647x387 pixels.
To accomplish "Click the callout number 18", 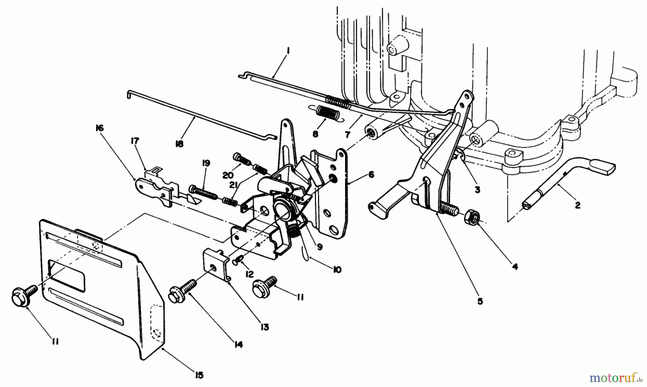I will click(179, 143).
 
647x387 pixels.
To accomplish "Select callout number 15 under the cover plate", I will click(199, 375).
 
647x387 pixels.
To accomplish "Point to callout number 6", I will click(371, 175).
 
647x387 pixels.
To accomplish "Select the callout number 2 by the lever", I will click(578, 206).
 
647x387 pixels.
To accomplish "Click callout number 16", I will click(99, 128).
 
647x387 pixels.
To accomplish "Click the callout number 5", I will click(480, 301).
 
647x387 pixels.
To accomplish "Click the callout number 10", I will click(336, 269).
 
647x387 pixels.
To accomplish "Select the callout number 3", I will click(477, 190).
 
